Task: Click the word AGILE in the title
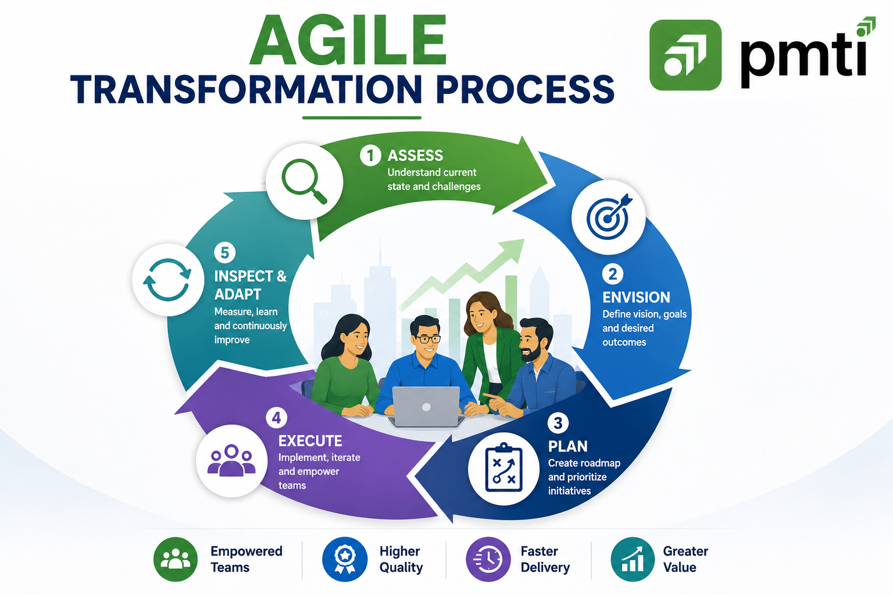348,40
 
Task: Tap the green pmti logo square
685,55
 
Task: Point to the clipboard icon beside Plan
503,468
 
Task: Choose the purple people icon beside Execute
231,461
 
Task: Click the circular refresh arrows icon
167,279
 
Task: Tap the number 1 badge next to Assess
370,155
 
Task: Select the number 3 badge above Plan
558,423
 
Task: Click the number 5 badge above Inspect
225,253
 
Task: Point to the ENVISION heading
636,297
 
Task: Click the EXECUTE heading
310,441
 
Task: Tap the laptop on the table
426,407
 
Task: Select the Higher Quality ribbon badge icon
345,559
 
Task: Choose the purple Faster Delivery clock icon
488,559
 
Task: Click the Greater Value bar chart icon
633,559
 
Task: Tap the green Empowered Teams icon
176,559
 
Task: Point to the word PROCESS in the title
525,89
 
